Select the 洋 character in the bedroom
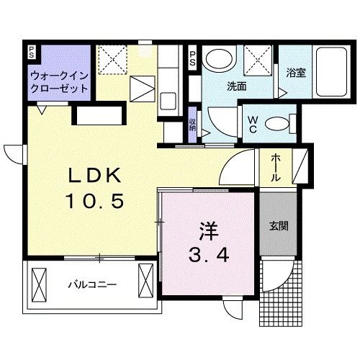tap(209, 232)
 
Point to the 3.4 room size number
tap(209, 254)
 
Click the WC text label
tap(254, 122)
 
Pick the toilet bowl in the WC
tap(276, 123)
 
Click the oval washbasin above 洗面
tap(217, 58)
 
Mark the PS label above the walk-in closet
tap(31, 53)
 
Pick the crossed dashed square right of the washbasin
tap(257, 58)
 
